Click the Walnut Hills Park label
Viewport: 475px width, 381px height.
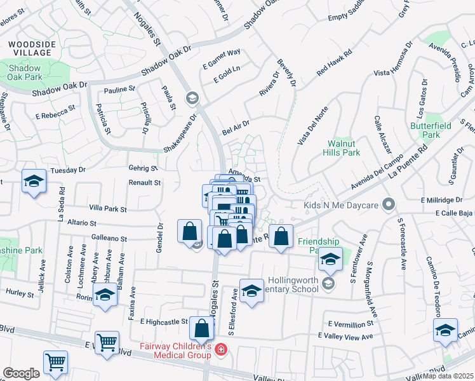(343, 148)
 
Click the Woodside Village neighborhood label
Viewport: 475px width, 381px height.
(26, 49)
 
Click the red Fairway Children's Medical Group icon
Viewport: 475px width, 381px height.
(220, 350)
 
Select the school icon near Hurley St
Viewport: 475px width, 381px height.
(105, 295)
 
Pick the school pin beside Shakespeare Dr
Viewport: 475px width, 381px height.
(192, 98)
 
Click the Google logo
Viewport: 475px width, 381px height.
(21, 373)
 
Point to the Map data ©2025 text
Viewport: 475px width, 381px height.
(448, 376)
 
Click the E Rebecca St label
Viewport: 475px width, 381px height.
(55, 112)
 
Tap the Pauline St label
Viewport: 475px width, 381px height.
(120, 90)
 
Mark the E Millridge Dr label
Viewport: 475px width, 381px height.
(448, 199)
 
